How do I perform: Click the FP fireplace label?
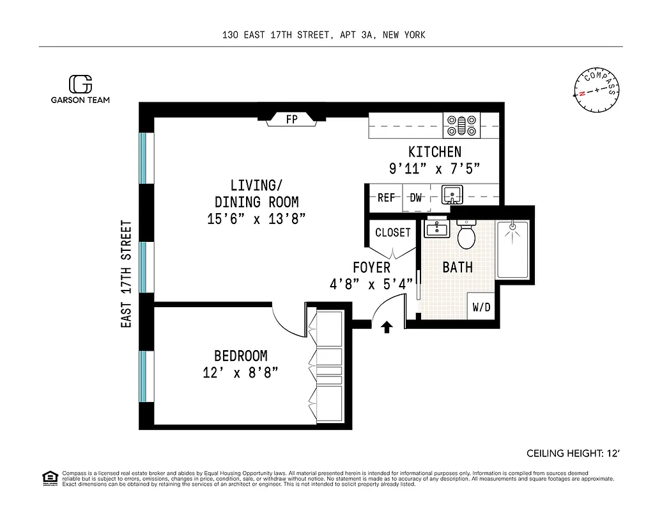[x=291, y=119]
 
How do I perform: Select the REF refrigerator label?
[x=386, y=198]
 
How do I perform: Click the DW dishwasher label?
[x=416, y=198]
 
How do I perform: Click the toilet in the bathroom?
[x=466, y=235]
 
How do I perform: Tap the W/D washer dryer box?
[x=482, y=307]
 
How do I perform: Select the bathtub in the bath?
[x=513, y=250]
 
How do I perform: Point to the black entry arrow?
[x=387, y=328]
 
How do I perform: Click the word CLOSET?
[x=392, y=232]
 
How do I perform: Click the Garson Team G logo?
[x=81, y=84]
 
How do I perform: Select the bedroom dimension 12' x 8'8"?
[x=240, y=372]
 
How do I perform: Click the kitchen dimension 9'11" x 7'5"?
[x=435, y=169]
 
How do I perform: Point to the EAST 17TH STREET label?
[x=127, y=275]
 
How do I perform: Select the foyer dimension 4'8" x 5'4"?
[x=371, y=284]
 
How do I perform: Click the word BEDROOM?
[x=240, y=356]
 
